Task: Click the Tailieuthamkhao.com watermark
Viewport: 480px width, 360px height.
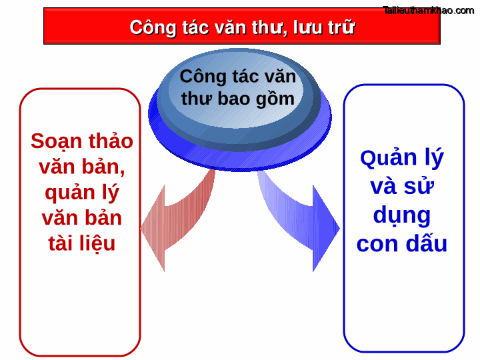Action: tap(428, 10)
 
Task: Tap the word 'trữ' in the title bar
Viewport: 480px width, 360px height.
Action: tap(340, 27)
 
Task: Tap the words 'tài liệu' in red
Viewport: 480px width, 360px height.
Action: tap(82, 243)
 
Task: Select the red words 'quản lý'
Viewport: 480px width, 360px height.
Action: tap(82, 192)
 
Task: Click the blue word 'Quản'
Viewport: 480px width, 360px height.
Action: tap(383, 158)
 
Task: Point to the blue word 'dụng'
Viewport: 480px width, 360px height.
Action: tap(401, 215)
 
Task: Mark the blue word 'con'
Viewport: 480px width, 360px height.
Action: tap(377, 244)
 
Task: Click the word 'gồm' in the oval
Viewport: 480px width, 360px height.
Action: tap(277, 99)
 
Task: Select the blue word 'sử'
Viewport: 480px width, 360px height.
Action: tap(419, 187)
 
